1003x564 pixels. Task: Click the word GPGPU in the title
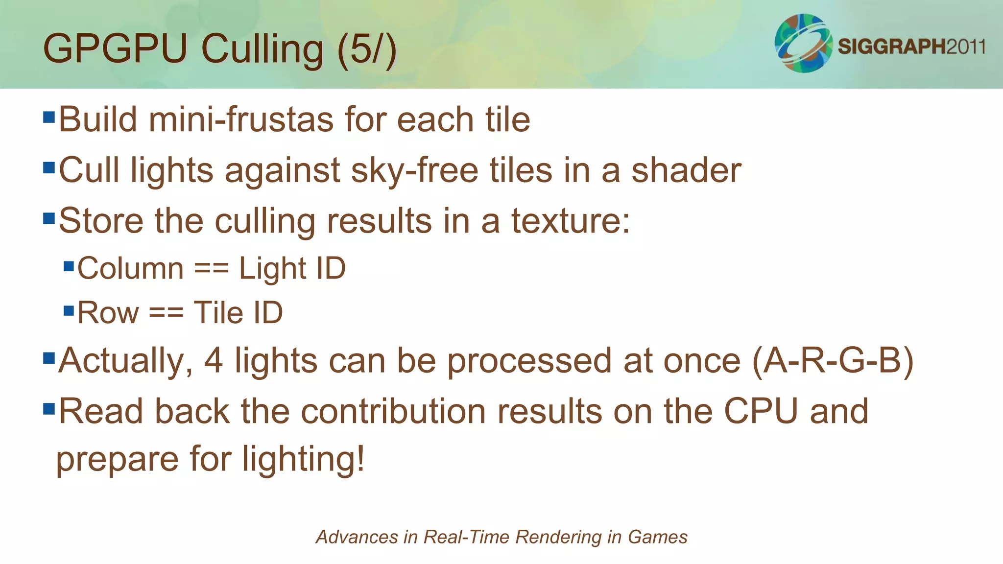(x=116, y=49)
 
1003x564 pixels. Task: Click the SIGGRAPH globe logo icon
(x=803, y=43)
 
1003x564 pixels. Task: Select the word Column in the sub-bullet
(x=130, y=268)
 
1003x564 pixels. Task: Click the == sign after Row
(x=166, y=312)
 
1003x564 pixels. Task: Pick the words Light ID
(x=292, y=268)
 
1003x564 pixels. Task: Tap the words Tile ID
(x=238, y=312)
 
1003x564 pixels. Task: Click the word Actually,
(x=125, y=361)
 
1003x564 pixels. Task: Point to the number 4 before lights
(x=214, y=360)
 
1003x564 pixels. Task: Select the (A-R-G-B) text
(x=833, y=361)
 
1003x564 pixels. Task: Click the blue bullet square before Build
(x=49, y=117)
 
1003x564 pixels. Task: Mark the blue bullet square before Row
(x=69, y=310)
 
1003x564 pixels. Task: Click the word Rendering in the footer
(x=558, y=537)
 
